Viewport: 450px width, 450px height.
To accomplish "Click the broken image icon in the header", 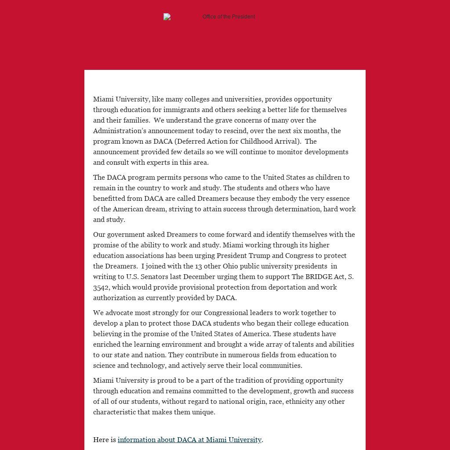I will tap(167, 17).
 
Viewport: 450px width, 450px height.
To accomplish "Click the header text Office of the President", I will tap(229, 17).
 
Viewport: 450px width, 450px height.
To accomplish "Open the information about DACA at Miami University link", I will tap(189, 440).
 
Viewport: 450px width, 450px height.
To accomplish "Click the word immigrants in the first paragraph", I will tap(182, 110).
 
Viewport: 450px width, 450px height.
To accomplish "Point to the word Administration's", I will tap(120, 131).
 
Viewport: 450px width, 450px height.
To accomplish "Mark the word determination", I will tap(298, 209).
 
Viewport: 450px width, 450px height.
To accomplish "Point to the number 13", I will tap(199, 266).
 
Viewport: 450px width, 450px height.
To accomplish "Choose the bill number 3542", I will tap(101, 287).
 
